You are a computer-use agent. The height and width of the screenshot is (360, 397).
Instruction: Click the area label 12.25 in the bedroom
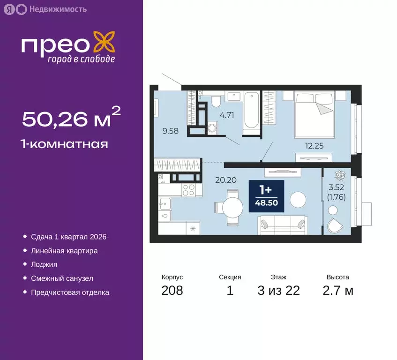point(315,146)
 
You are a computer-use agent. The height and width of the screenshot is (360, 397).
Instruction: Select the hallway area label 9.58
point(171,131)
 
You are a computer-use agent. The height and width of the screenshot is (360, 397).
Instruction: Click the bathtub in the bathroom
point(251,111)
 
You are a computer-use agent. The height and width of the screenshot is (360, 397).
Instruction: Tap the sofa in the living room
point(282,224)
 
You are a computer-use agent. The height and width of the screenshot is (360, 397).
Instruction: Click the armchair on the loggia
point(336,225)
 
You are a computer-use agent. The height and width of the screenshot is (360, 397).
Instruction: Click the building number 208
point(172,291)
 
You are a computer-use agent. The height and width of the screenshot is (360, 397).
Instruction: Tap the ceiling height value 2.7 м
point(337,291)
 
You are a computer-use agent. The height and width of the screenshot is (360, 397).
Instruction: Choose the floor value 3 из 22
point(278,291)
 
